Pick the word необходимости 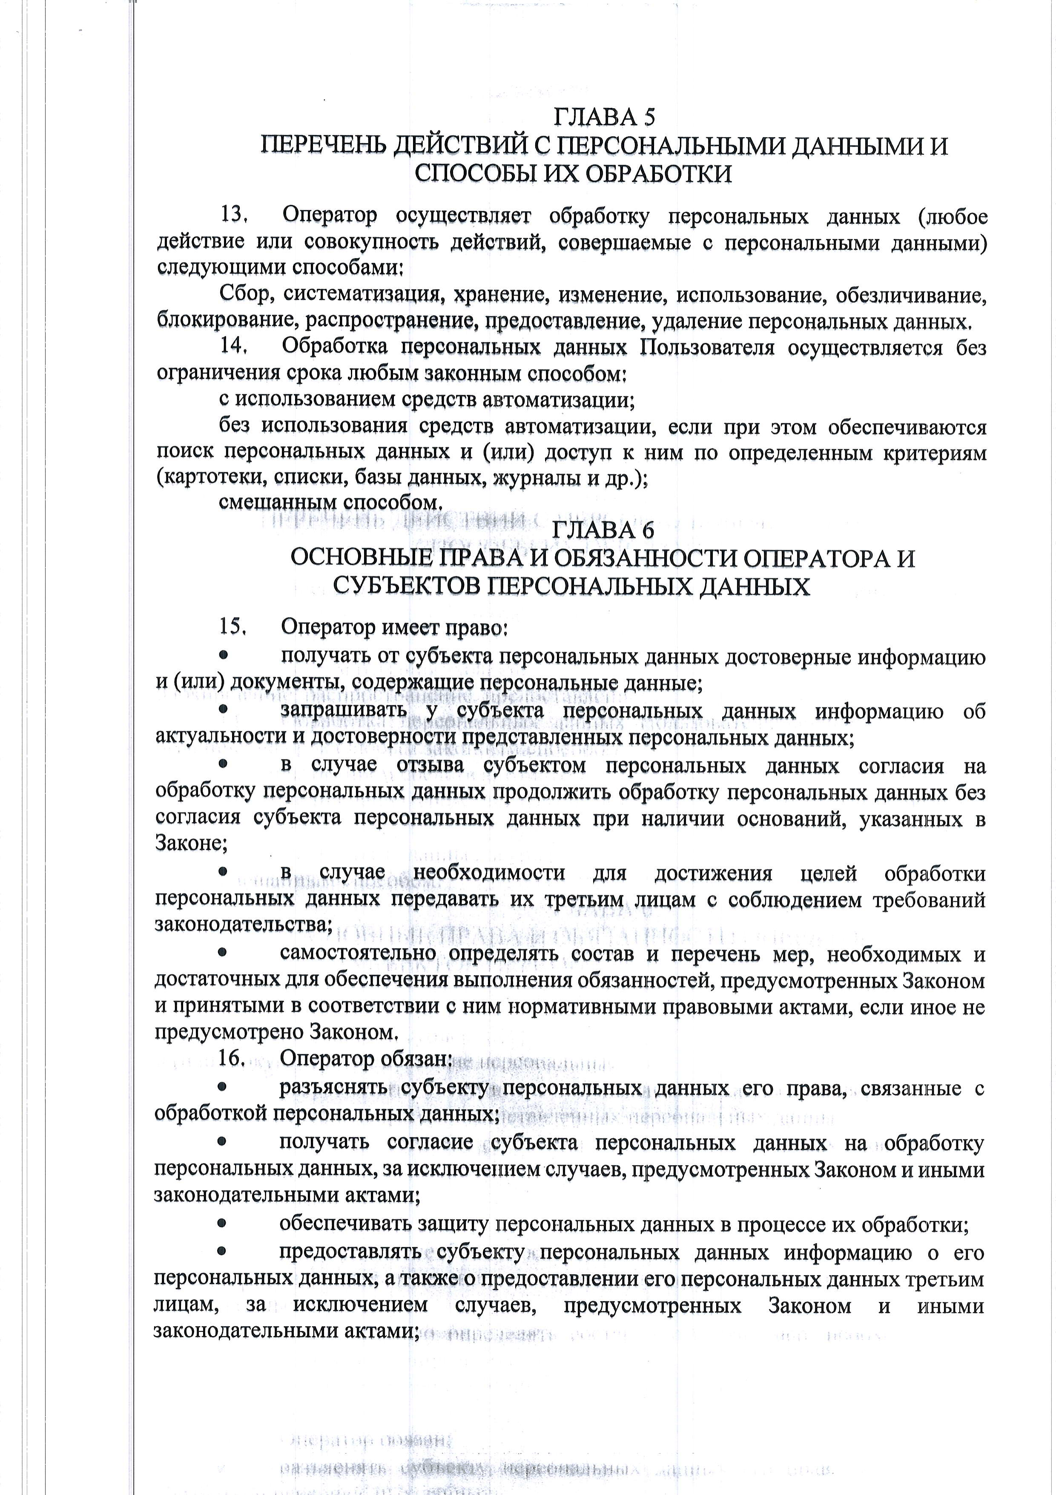(489, 872)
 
